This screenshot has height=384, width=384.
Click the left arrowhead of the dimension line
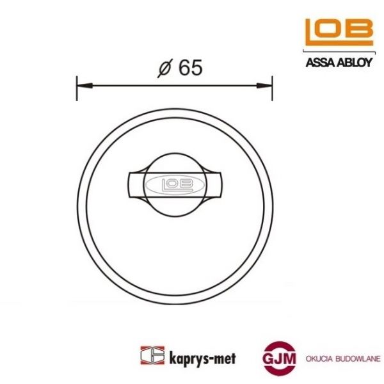[x=81, y=86]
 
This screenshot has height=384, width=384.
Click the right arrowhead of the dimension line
[x=268, y=86]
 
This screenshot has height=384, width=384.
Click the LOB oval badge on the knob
[x=170, y=184]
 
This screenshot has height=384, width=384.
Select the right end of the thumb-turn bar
[x=215, y=184]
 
